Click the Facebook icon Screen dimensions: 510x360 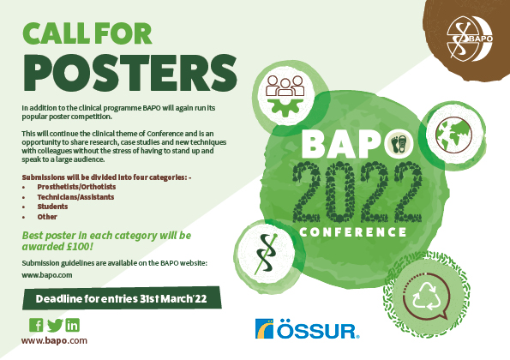click(36, 325)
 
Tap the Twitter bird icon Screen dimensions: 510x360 click(55, 325)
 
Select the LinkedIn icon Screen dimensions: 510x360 click(73, 325)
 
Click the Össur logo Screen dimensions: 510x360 click(308, 329)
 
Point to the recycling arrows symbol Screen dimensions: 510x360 click(426, 297)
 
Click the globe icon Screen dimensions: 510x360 click(453, 135)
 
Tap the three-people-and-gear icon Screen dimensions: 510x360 click(285, 96)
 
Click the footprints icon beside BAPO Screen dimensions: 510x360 click(399, 143)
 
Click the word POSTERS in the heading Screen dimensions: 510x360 click(129, 74)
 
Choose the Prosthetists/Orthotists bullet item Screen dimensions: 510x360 click(76, 187)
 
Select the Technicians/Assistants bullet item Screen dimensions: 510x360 click(75, 197)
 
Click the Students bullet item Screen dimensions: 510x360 click(52, 207)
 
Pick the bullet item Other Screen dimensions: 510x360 click(47, 217)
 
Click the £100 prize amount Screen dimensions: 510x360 click(79, 247)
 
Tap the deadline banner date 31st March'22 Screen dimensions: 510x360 click(173, 298)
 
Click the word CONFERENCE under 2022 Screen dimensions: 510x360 click(353, 232)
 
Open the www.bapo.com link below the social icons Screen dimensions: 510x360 click(54, 341)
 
